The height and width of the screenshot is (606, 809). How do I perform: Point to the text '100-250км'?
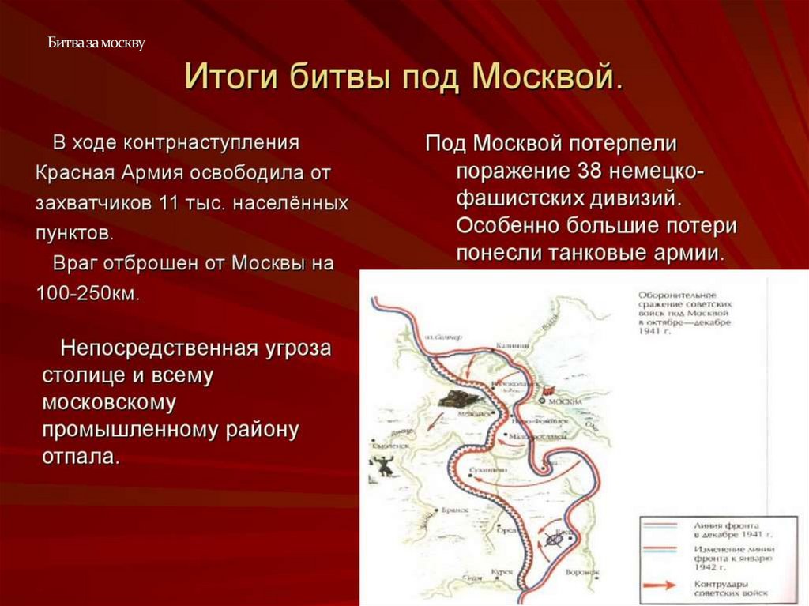click(87, 292)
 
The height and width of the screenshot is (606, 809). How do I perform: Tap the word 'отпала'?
click(81, 457)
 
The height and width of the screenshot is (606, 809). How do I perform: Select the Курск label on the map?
click(502, 570)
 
